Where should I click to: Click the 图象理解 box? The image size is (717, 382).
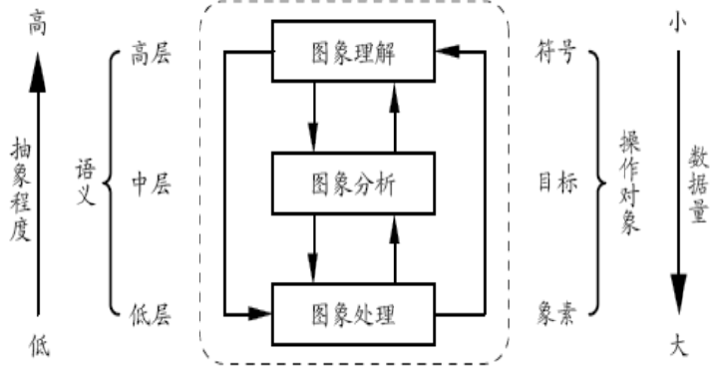click(x=355, y=50)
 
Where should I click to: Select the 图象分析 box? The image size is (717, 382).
click(x=355, y=183)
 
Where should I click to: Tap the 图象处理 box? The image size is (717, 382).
click(x=355, y=314)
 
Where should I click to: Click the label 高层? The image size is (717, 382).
click(x=152, y=54)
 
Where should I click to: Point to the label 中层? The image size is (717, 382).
click(x=152, y=183)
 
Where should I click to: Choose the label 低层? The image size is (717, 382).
click(x=152, y=315)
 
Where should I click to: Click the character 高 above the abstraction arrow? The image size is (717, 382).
click(x=37, y=23)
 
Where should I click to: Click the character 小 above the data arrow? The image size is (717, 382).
click(x=679, y=23)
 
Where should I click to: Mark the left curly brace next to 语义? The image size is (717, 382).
click(x=111, y=183)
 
